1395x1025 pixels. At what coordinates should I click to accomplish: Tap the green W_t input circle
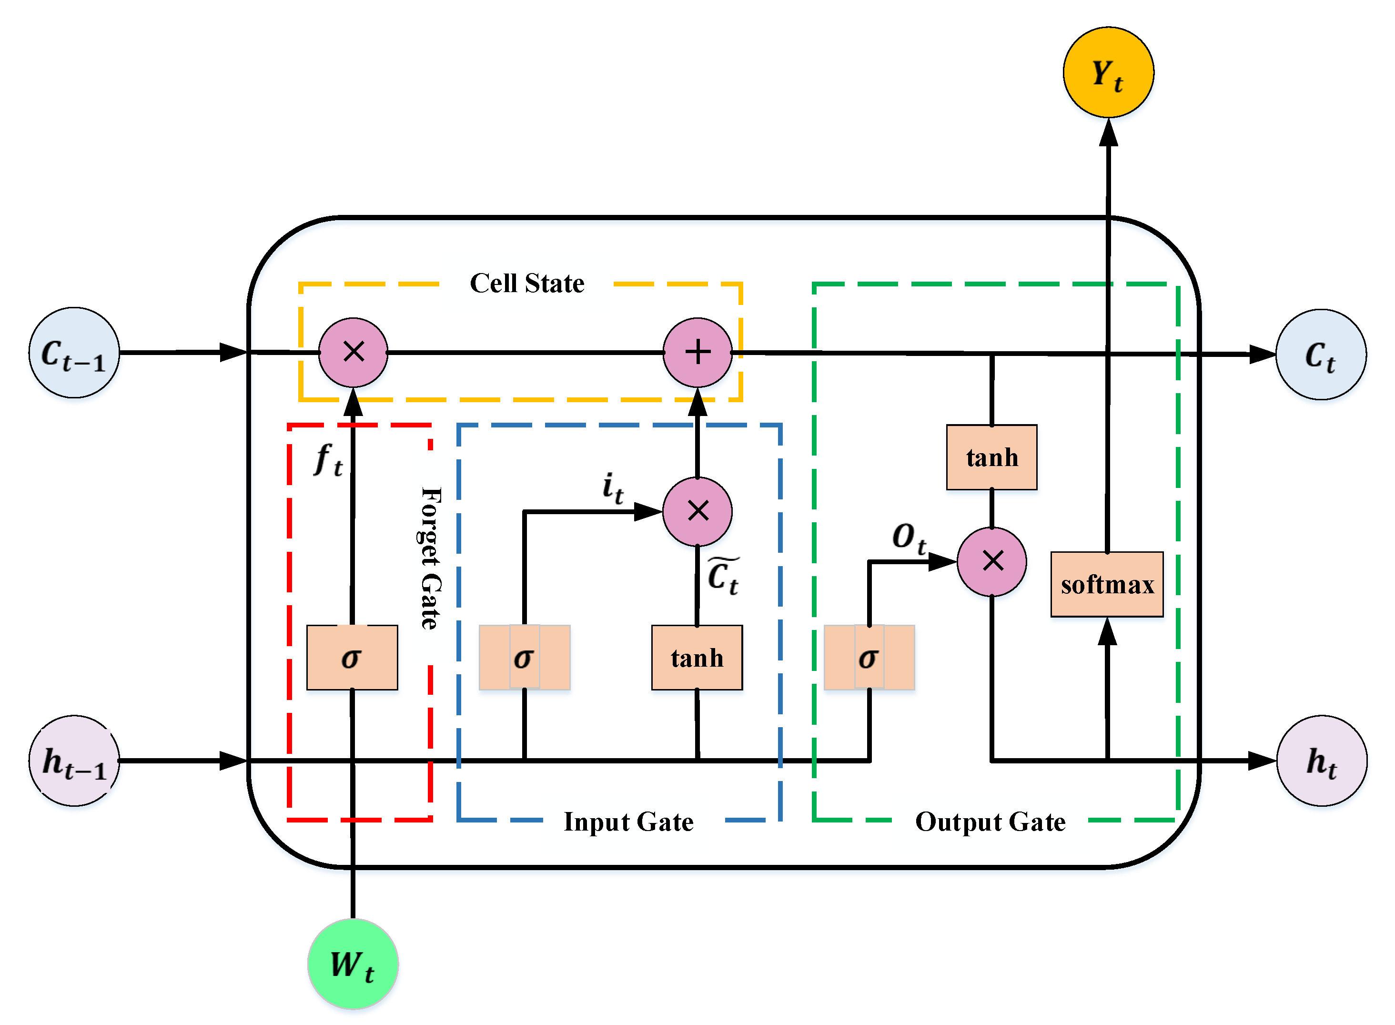click(x=353, y=964)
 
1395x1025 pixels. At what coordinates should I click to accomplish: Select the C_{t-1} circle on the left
click(x=74, y=353)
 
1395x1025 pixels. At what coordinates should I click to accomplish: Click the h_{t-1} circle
click(x=74, y=760)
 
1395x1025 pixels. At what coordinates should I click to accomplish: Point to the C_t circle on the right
click(x=1321, y=354)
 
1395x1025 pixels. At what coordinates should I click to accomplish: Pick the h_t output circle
click(x=1321, y=760)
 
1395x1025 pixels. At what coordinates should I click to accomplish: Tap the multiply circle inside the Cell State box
click(x=353, y=353)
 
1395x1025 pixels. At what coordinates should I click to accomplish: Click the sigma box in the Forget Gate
click(x=352, y=657)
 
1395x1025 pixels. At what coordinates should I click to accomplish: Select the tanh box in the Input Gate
click(x=697, y=657)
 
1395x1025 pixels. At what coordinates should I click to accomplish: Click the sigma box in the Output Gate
click(x=869, y=657)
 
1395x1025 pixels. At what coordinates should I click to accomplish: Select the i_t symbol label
click(x=613, y=487)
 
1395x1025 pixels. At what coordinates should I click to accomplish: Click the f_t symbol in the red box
click(x=328, y=460)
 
